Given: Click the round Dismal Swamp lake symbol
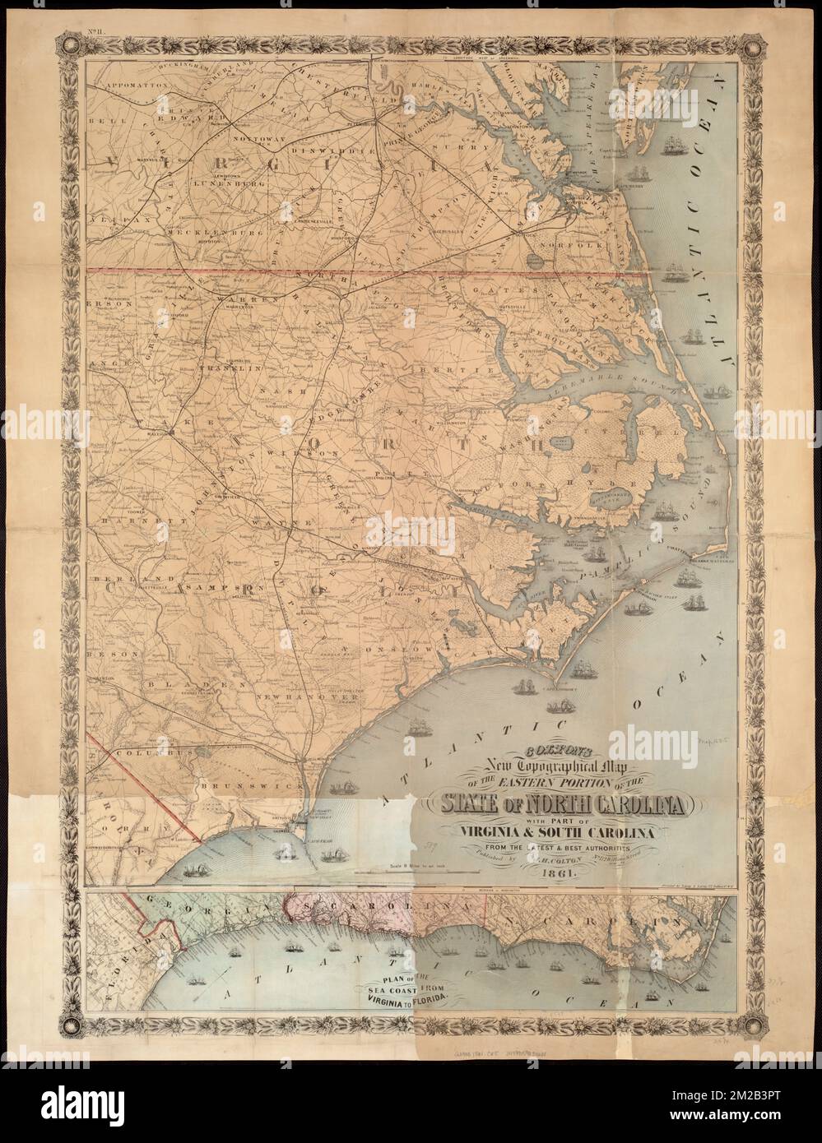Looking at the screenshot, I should tap(540, 260).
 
